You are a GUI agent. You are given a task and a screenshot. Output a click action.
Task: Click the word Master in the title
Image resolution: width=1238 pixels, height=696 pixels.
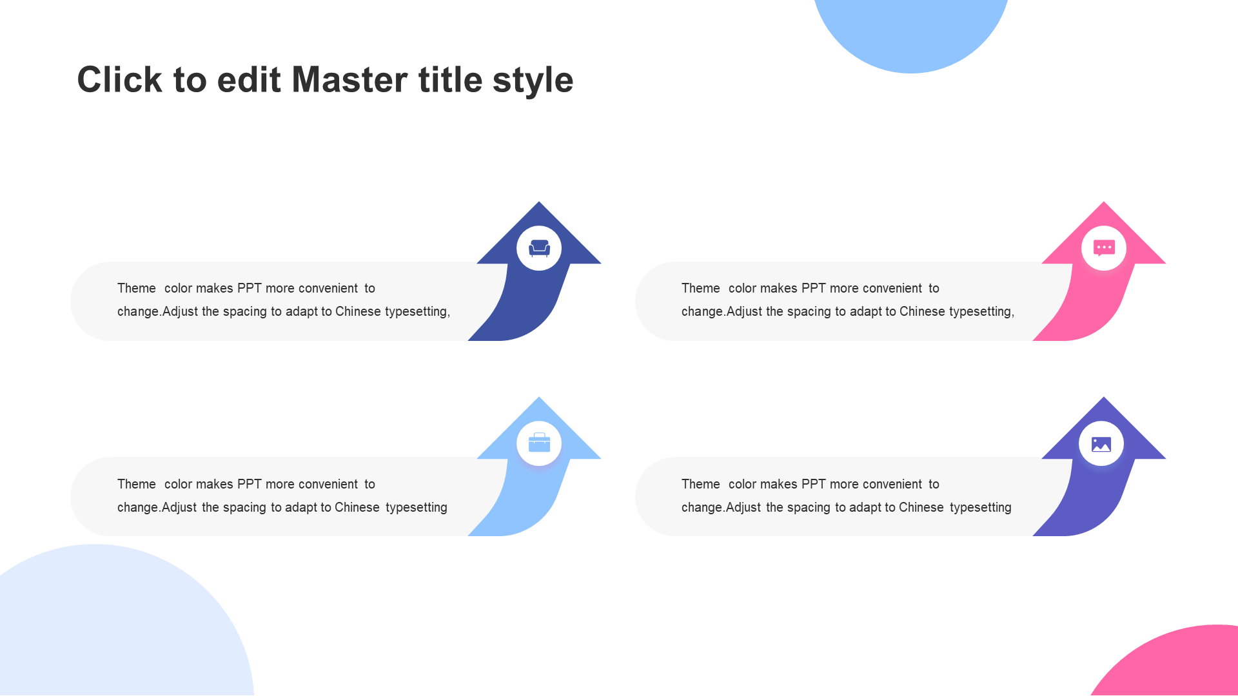(x=350, y=80)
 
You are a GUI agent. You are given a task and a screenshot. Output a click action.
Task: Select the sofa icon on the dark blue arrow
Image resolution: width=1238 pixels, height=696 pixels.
(x=539, y=248)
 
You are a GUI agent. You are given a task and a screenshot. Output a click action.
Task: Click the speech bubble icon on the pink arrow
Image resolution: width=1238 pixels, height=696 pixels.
(x=1104, y=248)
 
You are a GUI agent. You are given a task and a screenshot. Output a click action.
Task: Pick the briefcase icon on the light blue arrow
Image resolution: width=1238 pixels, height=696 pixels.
(x=539, y=443)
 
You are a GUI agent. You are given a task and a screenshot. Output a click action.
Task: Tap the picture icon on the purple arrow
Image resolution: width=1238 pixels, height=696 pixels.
(x=1101, y=444)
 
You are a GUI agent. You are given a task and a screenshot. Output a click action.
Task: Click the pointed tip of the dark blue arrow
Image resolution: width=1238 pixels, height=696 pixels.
(x=539, y=202)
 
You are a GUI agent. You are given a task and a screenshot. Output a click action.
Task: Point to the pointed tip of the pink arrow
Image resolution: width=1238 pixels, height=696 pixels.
(x=1104, y=202)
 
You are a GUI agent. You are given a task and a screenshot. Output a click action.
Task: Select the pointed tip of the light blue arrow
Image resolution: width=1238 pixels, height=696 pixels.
(x=539, y=397)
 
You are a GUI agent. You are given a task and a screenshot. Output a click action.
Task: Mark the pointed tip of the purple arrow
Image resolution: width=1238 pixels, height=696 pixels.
(x=1104, y=397)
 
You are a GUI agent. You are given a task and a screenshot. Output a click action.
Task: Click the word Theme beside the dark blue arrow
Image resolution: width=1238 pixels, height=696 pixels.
(x=137, y=288)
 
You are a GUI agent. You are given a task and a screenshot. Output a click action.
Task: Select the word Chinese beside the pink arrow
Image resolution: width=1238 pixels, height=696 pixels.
(x=922, y=311)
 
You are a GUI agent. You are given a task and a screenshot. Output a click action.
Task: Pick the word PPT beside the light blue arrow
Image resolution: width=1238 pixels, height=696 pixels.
(x=249, y=484)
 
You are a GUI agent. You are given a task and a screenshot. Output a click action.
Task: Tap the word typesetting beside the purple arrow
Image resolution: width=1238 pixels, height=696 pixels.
(x=981, y=508)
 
